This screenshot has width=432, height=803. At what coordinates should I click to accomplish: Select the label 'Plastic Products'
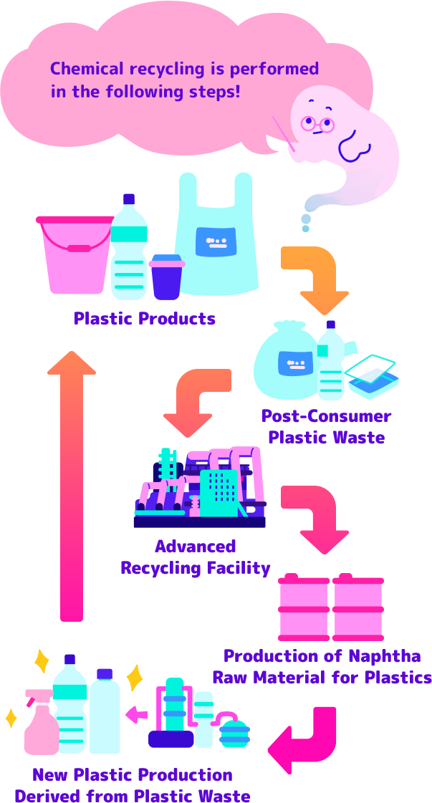point(144,318)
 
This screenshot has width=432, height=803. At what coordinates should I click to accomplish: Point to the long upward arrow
point(71,487)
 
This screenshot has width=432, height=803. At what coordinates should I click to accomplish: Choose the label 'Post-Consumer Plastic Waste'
point(326,426)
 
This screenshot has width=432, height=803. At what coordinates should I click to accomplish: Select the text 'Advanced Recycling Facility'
point(196,557)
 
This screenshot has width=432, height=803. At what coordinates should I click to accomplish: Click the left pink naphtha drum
point(304,607)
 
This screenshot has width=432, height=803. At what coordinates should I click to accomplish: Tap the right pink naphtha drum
point(357,607)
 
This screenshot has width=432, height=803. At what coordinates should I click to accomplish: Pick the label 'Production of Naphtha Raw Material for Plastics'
point(322,666)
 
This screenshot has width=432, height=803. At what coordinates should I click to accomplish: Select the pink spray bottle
point(40,723)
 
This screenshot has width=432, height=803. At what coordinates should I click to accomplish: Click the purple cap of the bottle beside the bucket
point(129,199)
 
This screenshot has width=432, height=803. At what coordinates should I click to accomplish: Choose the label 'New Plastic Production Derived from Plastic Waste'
point(133,785)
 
